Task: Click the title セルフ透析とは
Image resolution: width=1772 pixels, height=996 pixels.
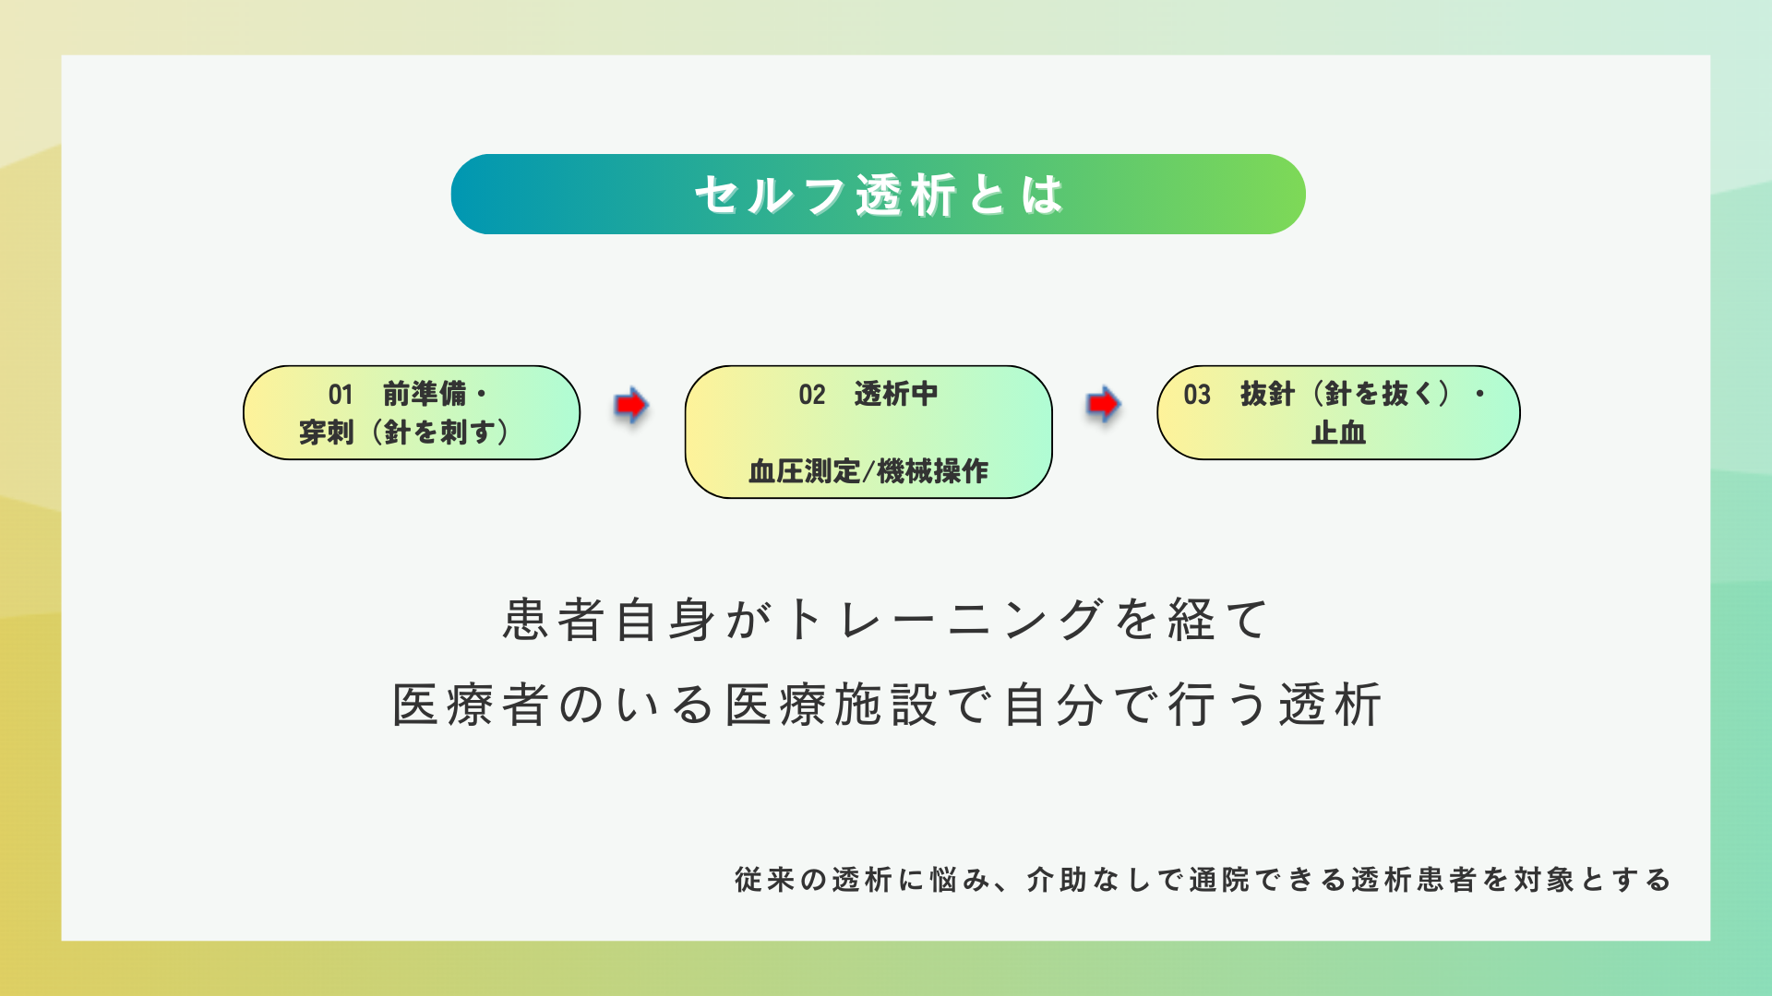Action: pyautogui.click(x=879, y=195)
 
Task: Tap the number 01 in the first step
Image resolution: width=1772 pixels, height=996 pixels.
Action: pyautogui.click(x=341, y=395)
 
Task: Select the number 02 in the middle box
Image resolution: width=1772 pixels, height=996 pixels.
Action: pyautogui.click(x=812, y=395)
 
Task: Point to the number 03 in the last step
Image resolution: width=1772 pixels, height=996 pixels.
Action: pyautogui.click(x=1197, y=395)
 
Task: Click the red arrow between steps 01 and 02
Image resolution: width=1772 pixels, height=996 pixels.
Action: pyautogui.click(x=631, y=405)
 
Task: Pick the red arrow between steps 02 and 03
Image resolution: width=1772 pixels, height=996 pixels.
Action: pyautogui.click(x=1103, y=404)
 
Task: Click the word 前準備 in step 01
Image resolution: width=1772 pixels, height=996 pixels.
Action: pyautogui.click(x=425, y=394)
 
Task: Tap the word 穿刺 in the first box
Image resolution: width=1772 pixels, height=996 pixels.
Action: pyautogui.click(x=327, y=432)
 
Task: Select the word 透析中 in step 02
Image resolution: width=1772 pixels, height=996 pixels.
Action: pyautogui.click(x=896, y=394)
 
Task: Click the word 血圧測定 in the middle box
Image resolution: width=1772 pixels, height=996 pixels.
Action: pyautogui.click(x=804, y=471)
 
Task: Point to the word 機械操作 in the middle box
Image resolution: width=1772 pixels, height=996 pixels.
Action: pyautogui.click(x=933, y=471)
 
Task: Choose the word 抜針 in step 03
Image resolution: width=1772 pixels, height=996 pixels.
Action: pyautogui.click(x=1268, y=394)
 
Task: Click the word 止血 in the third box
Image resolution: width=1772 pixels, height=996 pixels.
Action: pyautogui.click(x=1338, y=433)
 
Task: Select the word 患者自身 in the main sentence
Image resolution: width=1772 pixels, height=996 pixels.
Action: pyautogui.click(x=609, y=619)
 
